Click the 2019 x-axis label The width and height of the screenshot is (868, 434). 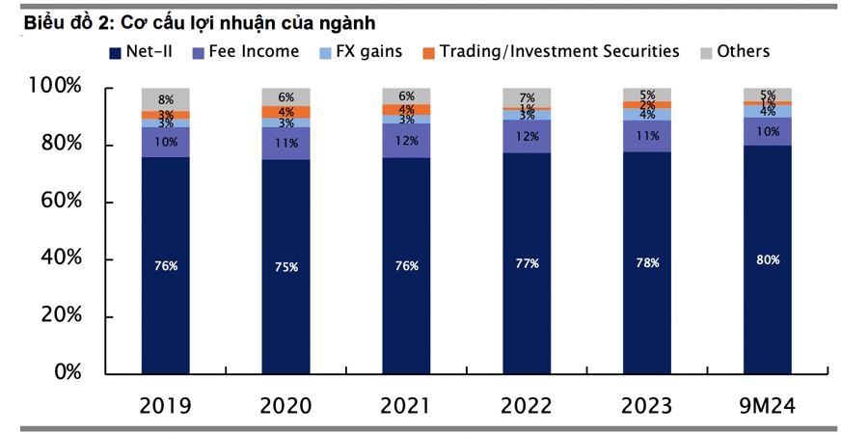[x=165, y=405]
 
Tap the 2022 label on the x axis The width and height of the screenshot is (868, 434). [x=527, y=405]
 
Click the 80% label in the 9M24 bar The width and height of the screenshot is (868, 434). [x=768, y=259]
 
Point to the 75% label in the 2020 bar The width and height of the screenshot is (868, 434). [x=285, y=266]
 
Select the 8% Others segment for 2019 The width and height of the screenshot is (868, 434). [x=165, y=99]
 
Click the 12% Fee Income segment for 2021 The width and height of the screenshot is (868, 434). [x=406, y=140]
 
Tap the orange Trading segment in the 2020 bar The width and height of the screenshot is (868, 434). [x=285, y=112]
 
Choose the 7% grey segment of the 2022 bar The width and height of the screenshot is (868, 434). [x=527, y=97]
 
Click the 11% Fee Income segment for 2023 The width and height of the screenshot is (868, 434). [x=647, y=136]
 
